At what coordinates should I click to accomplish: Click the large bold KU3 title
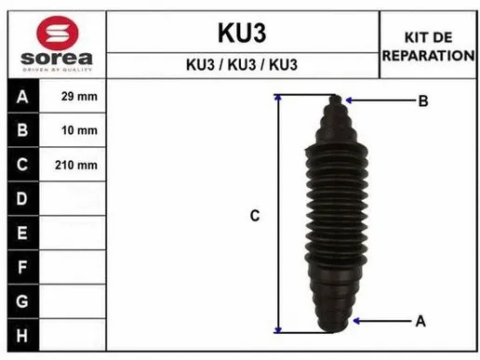click(x=241, y=33)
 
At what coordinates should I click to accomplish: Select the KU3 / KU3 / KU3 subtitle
click(x=241, y=66)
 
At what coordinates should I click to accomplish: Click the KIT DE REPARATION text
click(x=428, y=47)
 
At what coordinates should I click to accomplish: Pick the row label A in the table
click(x=22, y=97)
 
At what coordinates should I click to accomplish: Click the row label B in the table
click(x=22, y=130)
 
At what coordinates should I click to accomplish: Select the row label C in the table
click(x=22, y=165)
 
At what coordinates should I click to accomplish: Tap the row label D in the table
click(x=22, y=198)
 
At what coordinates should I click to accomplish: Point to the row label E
click(x=22, y=232)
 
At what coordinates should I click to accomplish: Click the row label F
click(x=22, y=266)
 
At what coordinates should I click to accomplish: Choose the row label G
click(x=22, y=300)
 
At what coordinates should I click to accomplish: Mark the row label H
click(x=22, y=334)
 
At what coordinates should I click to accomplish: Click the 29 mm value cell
click(x=79, y=97)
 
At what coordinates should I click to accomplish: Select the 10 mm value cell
click(x=79, y=130)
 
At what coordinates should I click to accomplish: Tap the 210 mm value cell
click(x=79, y=165)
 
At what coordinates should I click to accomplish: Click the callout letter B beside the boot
click(x=422, y=100)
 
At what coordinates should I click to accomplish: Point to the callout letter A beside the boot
click(x=420, y=321)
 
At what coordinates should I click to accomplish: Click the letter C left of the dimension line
click(x=254, y=216)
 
